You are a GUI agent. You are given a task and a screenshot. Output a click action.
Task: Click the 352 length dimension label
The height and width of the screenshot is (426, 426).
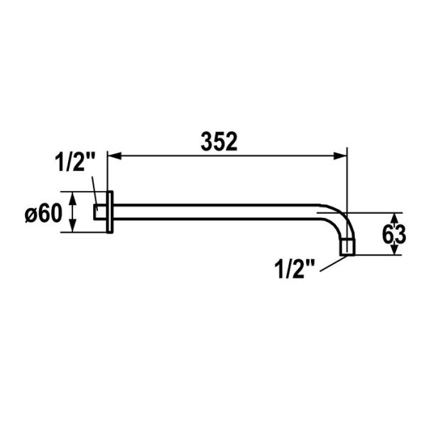[217, 142]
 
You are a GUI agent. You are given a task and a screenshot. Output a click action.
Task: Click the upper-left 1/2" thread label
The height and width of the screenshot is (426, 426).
[75, 163]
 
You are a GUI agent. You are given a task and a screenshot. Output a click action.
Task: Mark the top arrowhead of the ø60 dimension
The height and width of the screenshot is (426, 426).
[72, 195]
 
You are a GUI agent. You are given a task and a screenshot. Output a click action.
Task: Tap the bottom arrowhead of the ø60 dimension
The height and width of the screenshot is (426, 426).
[72, 229]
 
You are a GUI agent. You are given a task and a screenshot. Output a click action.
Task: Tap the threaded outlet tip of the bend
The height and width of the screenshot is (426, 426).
[346, 248]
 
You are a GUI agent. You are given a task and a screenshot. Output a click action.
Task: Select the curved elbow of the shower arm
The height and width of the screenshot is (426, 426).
[339, 220]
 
